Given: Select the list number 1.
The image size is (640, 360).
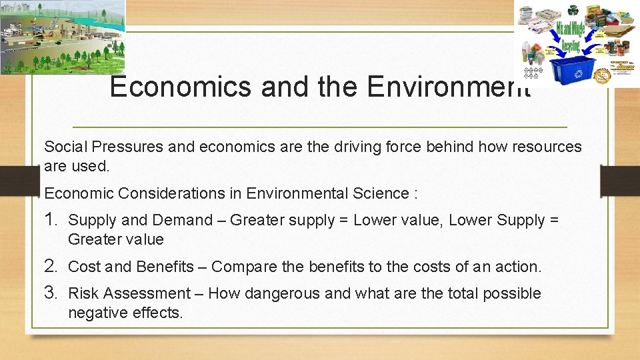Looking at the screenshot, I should (x=51, y=219).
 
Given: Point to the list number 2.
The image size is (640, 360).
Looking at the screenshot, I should (x=51, y=267).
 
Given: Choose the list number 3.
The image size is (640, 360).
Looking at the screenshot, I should (x=51, y=293).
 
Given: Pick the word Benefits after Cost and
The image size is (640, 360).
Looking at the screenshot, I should (x=165, y=267).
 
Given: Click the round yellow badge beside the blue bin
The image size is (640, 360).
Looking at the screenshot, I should (x=603, y=74).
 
